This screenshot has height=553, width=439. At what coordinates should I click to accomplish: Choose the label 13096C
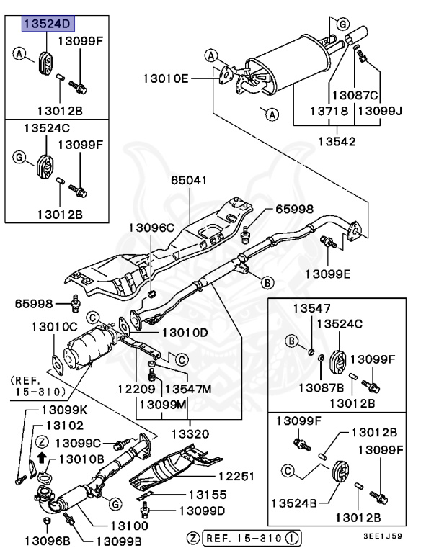pyautogui.click(x=152, y=228)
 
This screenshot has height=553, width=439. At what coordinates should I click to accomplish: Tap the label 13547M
pyautogui.click(x=187, y=389)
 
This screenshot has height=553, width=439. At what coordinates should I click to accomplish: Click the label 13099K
pyautogui.click(x=60, y=410)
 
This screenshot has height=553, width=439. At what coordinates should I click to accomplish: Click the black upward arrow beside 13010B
pyautogui.click(x=43, y=457)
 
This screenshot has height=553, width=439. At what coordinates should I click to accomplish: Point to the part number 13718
pyautogui.click(x=329, y=112)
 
